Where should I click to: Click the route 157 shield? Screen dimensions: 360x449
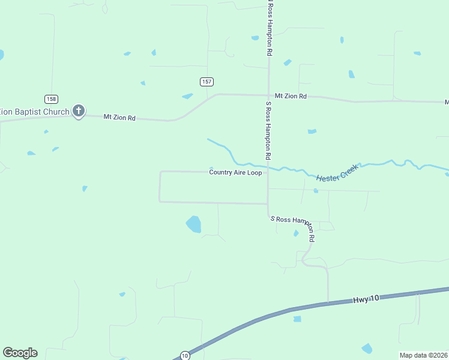[x=206, y=82]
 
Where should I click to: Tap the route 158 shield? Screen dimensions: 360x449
[x=51, y=98]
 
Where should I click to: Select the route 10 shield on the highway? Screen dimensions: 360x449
[x=185, y=355]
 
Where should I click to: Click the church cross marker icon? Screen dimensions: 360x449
[x=79, y=110]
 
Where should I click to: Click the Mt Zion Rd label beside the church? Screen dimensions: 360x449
[x=119, y=118]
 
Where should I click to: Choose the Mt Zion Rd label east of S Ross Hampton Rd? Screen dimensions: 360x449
[x=291, y=96]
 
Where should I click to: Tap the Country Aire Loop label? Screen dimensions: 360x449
[x=235, y=173]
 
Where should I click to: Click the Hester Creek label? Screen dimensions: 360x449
[x=337, y=172]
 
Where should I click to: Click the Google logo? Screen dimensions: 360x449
[x=20, y=353]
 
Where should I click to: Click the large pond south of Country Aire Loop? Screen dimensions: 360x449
[x=193, y=224]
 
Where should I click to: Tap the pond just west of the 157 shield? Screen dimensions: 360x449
[x=188, y=96]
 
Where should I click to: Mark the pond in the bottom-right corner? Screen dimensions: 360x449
[x=366, y=349]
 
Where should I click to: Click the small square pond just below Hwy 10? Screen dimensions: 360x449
[x=297, y=319]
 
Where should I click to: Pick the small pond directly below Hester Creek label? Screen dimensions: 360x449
[x=315, y=191]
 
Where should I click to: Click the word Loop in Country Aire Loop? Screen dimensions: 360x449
[x=255, y=173]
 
